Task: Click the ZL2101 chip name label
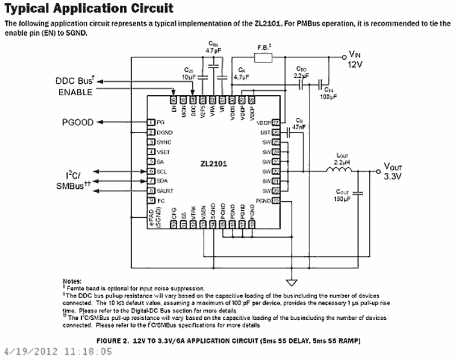(x=213, y=164)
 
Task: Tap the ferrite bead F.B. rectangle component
(x=263, y=57)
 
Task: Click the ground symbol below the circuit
(x=291, y=283)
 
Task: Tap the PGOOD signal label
(x=77, y=122)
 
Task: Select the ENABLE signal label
(x=75, y=92)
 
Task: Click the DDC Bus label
(x=74, y=81)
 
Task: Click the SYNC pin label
(x=164, y=142)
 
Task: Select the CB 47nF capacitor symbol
(x=288, y=133)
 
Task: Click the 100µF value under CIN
(x=329, y=97)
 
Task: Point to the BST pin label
(x=265, y=133)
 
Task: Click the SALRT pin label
(x=164, y=191)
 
